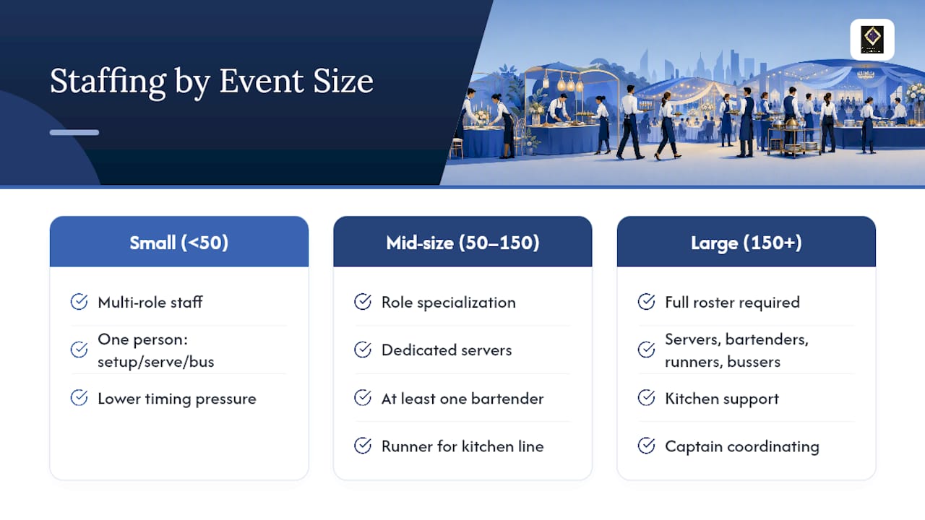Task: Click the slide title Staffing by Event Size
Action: [212, 82]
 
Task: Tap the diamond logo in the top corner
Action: [872, 39]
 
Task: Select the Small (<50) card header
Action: [178, 241]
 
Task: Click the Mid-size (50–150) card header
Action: [462, 241]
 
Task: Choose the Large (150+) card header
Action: [747, 241]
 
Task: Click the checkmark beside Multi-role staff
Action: [79, 302]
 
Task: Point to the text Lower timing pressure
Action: [177, 399]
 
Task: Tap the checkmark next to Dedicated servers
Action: [363, 350]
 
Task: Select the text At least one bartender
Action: [462, 399]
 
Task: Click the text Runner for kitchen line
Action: [462, 446]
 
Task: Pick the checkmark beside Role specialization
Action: [363, 302]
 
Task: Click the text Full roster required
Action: [732, 303]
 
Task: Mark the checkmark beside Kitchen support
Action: [646, 398]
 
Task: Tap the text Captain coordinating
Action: [742, 446]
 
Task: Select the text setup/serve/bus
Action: [155, 362]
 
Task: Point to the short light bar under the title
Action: [74, 132]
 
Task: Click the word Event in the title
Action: [262, 81]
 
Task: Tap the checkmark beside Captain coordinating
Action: [646, 446]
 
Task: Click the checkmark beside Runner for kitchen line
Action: [363, 446]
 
